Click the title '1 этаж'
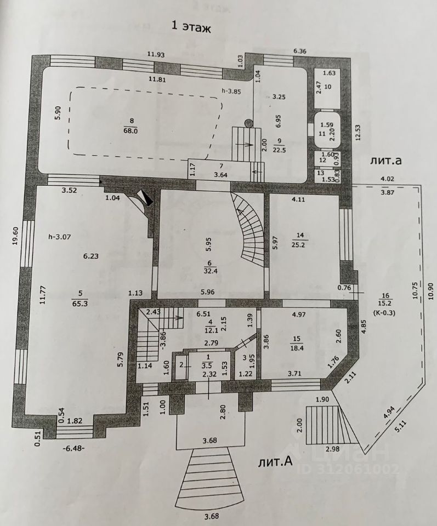[x=192, y=27]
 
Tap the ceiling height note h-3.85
[x=235, y=91]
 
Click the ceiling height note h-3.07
[x=59, y=237]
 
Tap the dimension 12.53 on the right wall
[x=358, y=131]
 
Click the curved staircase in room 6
[x=249, y=230]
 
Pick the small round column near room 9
[x=248, y=123]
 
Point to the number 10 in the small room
[x=328, y=87]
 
